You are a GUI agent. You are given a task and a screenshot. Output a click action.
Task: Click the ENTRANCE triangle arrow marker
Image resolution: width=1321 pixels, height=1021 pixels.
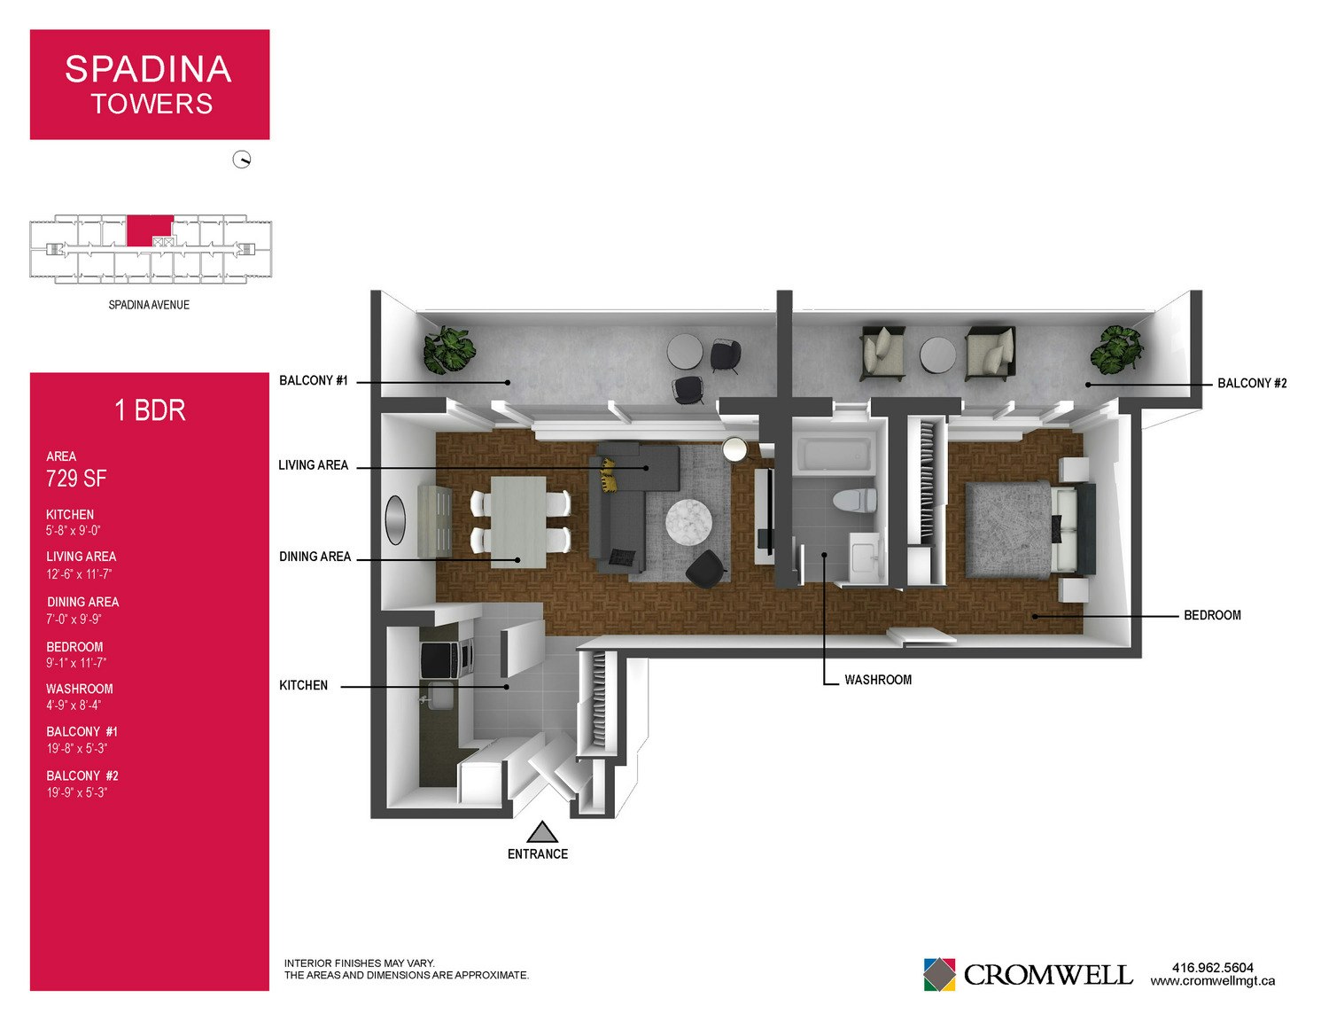pos(541,831)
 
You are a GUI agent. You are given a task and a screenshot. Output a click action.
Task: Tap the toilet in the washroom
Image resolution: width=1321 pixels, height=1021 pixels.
pos(854,500)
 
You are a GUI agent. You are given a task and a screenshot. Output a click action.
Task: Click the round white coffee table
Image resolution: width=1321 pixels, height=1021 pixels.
pos(688,522)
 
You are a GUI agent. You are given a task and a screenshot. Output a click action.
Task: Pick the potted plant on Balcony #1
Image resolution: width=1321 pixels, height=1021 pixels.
pos(450,350)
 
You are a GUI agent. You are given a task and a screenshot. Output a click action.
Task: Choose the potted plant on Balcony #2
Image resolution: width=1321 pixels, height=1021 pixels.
pos(1116,350)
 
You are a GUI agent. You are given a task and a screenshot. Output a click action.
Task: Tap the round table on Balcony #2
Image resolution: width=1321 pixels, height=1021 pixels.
pos(937,355)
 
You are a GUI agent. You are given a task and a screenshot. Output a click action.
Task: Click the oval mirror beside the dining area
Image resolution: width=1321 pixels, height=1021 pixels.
pos(396,520)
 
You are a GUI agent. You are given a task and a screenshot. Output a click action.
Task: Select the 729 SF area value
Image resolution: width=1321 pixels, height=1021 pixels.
pos(76,479)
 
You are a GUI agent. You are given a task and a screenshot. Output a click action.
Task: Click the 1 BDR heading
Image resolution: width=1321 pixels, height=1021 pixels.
pos(150,410)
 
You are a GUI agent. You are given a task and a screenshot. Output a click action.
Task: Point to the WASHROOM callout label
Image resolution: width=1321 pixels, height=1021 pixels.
pos(878,680)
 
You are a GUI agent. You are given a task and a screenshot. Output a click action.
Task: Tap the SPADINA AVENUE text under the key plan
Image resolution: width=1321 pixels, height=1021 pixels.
pos(149,305)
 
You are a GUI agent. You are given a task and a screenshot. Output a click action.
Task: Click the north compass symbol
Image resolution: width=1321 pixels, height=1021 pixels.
pos(242,160)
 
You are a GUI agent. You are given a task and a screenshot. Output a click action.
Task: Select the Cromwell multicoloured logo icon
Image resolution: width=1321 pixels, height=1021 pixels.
pos(939,974)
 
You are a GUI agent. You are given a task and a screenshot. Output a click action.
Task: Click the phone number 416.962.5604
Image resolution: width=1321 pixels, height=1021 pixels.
pos(1213,968)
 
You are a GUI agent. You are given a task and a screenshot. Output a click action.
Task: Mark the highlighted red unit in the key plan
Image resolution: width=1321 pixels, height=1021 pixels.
pos(150,230)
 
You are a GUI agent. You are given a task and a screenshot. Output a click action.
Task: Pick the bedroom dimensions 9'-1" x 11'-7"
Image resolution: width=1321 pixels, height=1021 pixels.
pos(76,663)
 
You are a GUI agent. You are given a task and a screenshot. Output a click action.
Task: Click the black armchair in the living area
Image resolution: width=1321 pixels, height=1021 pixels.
pos(706,569)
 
